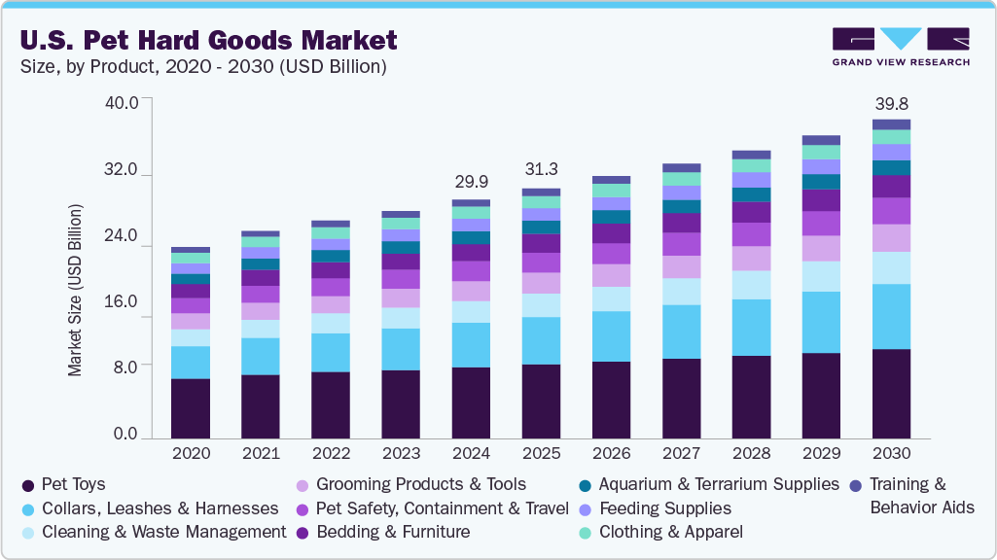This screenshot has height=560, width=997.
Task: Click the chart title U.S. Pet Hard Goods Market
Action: coord(208,40)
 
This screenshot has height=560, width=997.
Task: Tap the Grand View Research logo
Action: coord(900,46)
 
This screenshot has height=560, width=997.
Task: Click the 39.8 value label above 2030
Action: coord(891,104)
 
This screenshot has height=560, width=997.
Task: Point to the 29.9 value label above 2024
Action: coord(471,183)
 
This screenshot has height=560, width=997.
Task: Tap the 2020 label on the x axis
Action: coord(191,453)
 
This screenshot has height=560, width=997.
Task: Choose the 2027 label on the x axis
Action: coord(681,453)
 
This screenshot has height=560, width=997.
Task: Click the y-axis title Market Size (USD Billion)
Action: coord(75,290)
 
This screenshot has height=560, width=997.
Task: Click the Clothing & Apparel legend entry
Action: coord(670,532)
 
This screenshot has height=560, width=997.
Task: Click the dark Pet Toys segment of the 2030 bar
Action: coord(891,394)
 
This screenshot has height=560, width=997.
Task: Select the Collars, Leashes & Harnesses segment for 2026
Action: coord(611,336)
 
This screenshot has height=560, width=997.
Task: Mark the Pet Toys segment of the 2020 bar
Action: coord(191,408)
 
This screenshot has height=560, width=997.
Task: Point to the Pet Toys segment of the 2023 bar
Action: coord(401,404)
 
